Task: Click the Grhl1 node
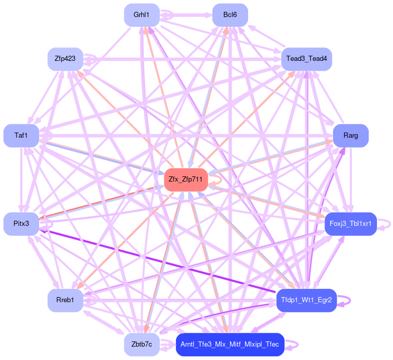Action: (141, 15)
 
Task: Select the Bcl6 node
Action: (230, 15)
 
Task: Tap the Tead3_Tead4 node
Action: (306, 59)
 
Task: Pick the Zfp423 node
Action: (65, 59)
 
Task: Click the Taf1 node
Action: (21, 136)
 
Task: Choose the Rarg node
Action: (351, 136)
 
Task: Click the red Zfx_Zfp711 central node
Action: (186, 180)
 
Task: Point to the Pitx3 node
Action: (21, 223)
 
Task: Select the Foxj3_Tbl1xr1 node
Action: (351, 223)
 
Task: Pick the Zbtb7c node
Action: (141, 345)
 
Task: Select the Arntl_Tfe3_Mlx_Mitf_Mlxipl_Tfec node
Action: (230, 345)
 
